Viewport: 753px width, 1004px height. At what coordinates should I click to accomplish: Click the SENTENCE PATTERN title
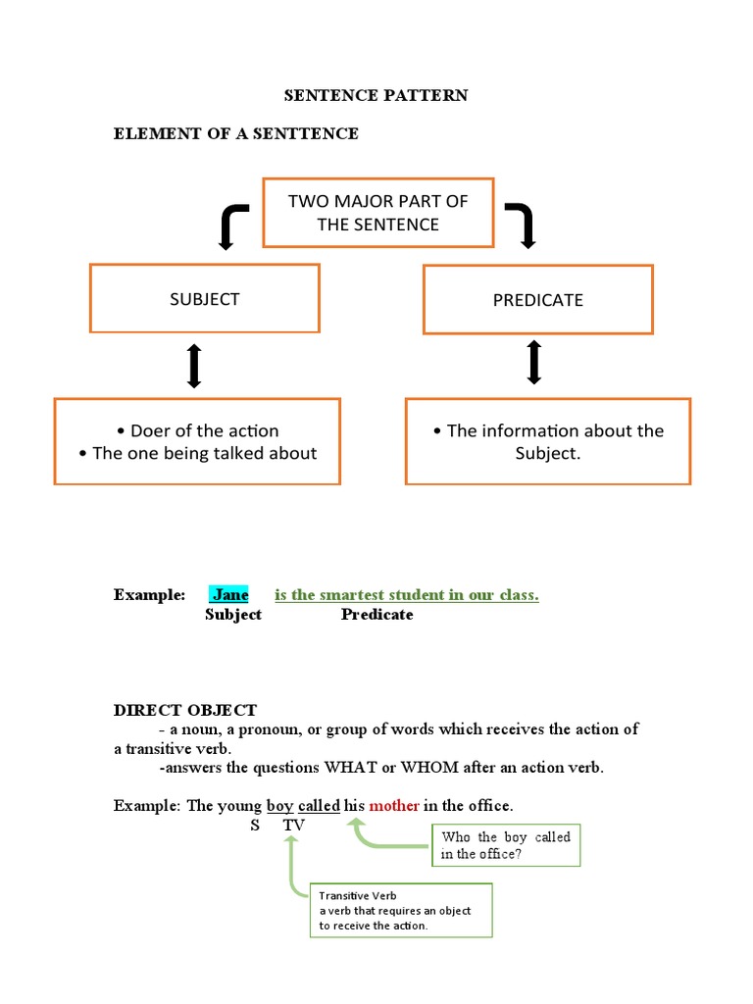click(x=376, y=95)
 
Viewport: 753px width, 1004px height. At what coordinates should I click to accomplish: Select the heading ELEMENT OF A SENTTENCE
click(x=236, y=133)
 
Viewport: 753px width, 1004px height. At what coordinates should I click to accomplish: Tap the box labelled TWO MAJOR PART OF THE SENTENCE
click(x=377, y=213)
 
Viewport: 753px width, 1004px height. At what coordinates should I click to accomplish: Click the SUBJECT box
click(x=204, y=299)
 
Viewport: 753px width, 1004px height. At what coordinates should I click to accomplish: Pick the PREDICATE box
click(x=537, y=300)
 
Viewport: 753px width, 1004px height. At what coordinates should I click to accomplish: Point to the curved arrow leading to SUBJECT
click(x=232, y=225)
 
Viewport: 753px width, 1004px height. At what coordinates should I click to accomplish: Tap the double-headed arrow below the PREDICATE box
click(x=534, y=362)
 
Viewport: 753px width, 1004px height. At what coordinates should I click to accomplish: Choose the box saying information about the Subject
click(x=548, y=441)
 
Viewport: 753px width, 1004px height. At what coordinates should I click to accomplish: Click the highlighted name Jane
click(x=229, y=594)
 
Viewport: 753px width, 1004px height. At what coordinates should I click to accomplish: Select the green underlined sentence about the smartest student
click(x=407, y=594)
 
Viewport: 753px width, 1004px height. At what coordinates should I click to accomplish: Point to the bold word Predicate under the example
click(x=376, y=615)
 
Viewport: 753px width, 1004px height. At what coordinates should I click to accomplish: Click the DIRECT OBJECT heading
click(x=185, y=710)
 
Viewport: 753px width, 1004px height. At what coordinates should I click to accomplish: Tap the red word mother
click(x=394, y=806)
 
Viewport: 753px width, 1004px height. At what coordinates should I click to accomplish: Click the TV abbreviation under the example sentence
click(x=294, y=826)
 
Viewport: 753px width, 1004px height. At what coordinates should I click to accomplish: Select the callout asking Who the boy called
click(x=506, y=845)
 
